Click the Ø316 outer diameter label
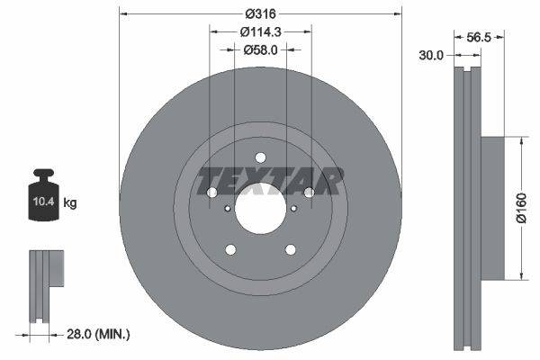260,13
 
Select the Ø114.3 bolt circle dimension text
260,31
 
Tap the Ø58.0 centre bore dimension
260,49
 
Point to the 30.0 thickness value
432,55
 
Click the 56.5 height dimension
478,39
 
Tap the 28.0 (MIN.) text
99,334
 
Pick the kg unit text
70,203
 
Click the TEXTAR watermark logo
270,181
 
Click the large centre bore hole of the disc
260,206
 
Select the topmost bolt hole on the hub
260,155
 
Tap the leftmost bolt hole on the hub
211,192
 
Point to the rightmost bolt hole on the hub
309,192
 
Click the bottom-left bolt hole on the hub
230,249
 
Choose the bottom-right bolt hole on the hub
290,249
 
